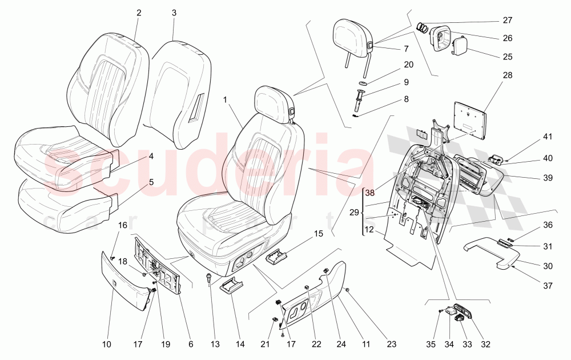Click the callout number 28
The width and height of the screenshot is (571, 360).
(507, 75)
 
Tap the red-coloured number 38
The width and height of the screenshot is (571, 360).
(369, 193)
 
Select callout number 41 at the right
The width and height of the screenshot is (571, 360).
(548, 137)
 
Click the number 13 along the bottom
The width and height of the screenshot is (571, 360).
(215, 345)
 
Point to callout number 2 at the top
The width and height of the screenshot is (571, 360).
(138, 13)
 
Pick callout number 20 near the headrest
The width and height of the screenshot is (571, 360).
(408, 65)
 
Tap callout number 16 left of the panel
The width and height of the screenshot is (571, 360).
(123, 225)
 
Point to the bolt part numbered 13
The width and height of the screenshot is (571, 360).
(210, 279)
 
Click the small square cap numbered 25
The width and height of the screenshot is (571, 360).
(461, 45)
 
